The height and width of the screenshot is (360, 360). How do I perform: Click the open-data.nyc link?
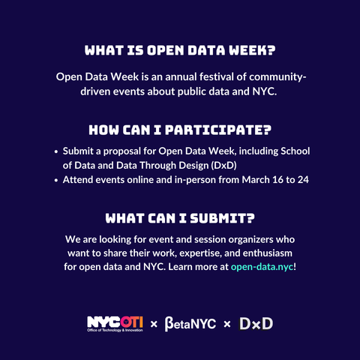(x=262, y=267)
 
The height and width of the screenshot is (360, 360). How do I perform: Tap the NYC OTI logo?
(x=115, y=324)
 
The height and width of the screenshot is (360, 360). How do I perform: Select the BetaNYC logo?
(x=190, y=324)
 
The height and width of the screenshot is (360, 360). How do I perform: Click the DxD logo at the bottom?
(x=256, y=324)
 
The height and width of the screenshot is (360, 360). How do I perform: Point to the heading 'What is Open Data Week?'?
(x=180, y=50)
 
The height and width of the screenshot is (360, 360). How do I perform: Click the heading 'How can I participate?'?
(x=180, y=130)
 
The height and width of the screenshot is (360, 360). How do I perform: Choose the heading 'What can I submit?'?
(x=180, y=218)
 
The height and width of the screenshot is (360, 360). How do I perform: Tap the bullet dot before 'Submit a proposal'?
(x=56, y=151)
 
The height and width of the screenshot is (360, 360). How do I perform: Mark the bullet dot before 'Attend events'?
(x=56, y=180)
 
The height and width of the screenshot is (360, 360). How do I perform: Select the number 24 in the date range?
(x=303, y=180)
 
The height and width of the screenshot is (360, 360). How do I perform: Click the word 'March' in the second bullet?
(x=256, y=180)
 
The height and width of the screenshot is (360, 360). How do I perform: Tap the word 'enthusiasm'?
(x=268, y=253)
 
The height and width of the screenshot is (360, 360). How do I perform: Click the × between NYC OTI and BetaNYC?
(x=154, y=324)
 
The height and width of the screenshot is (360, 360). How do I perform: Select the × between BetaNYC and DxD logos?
(x=227, y=324)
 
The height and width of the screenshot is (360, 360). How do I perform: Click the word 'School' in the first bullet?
(x=295, y=151)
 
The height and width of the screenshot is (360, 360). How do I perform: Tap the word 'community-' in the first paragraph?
(x=277, y=77)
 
